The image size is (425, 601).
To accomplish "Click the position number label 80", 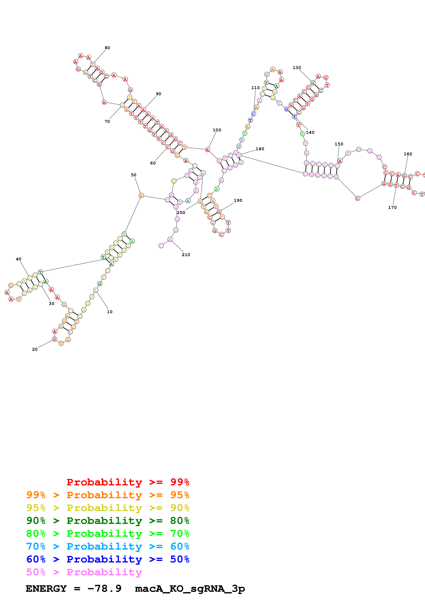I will (107, 48).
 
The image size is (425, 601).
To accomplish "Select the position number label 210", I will (186, 255).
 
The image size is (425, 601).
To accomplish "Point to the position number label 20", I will (35, 349).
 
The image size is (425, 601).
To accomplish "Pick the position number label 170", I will (392, 207).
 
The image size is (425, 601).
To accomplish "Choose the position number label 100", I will (217, 130).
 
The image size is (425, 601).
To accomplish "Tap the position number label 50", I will (134, 175).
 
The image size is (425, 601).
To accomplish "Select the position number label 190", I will (238, 200).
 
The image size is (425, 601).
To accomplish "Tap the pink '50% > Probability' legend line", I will (84, 572).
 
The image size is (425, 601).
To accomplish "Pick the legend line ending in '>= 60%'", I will (108, 546).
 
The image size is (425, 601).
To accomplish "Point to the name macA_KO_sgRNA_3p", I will (190, 589).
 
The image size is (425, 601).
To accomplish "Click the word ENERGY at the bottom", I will (46, 589).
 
